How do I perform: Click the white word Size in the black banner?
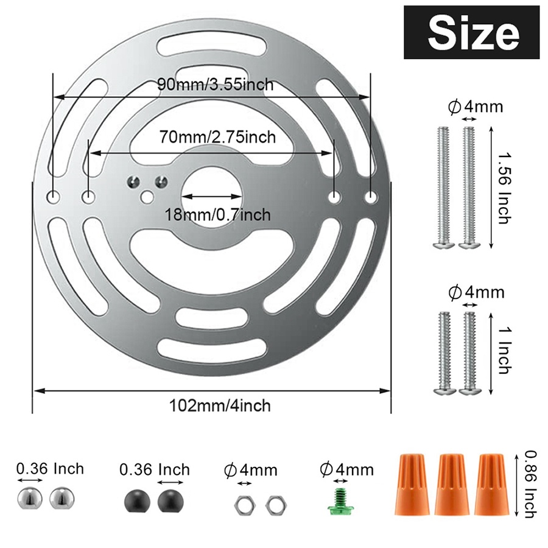point(474,33)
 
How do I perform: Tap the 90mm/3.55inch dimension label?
point(216,84)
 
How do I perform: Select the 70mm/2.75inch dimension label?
point(217,136)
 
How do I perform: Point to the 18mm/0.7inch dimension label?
point(217,214)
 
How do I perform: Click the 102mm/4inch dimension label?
point(220,406)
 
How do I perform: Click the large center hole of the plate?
point(211,196)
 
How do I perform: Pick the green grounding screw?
point(339,501)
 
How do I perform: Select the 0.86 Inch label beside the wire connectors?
point(530,483)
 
